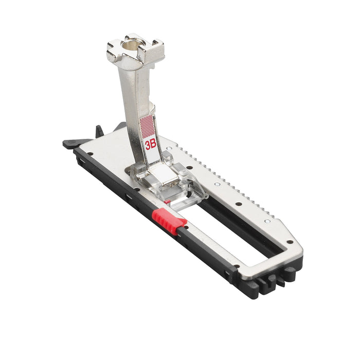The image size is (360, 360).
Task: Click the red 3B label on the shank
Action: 151,145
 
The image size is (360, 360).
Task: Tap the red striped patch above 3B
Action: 148,127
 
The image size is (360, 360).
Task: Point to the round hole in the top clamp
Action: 131,45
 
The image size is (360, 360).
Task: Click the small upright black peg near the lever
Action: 99,131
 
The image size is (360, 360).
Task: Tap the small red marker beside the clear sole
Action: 167,202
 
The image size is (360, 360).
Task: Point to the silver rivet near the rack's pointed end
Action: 267,221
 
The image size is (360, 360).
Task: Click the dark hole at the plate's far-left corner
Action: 90,154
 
